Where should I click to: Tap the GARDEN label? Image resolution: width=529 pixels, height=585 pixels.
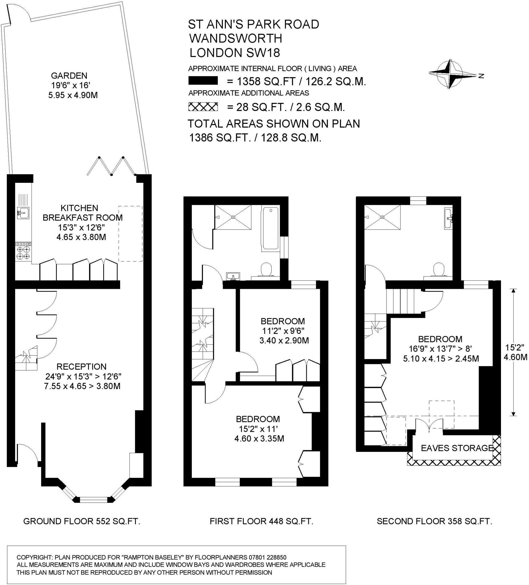69,76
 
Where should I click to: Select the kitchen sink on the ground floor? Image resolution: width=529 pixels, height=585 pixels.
23,213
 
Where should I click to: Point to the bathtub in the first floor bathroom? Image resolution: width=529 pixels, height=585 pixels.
270,229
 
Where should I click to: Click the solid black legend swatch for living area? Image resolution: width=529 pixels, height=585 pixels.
203,81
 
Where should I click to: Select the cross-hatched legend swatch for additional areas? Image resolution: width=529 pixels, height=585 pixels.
203,107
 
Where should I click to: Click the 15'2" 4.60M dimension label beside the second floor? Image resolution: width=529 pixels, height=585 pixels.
515,352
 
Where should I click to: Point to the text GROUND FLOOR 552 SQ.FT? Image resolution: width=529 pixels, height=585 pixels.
81,521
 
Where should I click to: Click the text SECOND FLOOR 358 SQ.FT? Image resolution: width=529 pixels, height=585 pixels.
434,521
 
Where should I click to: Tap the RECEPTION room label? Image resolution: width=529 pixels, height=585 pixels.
81,366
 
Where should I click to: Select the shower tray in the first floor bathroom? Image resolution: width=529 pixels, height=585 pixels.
233,217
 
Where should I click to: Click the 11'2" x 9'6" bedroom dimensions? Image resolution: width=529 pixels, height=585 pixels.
283,331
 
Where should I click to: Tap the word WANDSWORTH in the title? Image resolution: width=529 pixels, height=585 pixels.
236,38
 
